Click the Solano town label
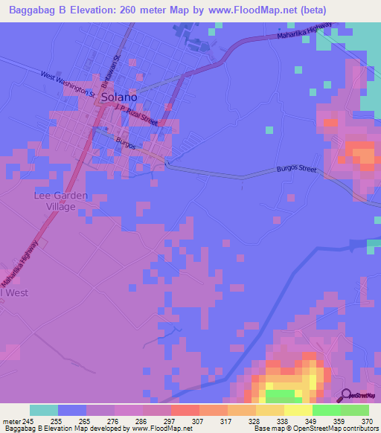pyautogui.click(x=118, y=97)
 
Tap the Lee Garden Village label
pyautogui.click(x=61, y=201)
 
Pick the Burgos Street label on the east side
pyautogui.click(x=297, y=170)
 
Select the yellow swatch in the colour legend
pyautogui.click(x=298, y=409)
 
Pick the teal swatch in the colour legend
pyautogui.click(x=44, y=409)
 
